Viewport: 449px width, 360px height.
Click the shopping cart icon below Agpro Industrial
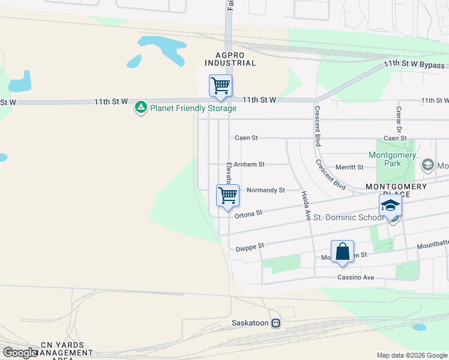(x=220, y=85)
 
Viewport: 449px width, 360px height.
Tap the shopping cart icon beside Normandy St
(x=228, y=195)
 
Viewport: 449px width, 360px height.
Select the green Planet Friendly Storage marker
(x=141, y=108)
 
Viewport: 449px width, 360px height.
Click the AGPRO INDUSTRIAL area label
(x=231, y=58)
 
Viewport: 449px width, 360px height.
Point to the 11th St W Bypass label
(x=414, y=65)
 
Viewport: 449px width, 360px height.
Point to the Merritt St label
(x=350, y=167)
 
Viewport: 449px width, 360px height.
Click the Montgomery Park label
(x=392, y=159)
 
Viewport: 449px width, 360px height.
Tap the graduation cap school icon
(x=390, y=206)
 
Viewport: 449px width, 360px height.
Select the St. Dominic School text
(x=348, y=217)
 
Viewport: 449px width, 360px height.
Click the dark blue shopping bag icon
(x=342, y=251)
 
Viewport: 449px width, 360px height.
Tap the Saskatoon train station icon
(x=276, y=323)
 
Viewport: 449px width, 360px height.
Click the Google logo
(x=20, y=352)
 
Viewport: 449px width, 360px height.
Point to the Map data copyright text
(x=412, y=355)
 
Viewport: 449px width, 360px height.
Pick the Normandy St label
(x=265, y=190)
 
